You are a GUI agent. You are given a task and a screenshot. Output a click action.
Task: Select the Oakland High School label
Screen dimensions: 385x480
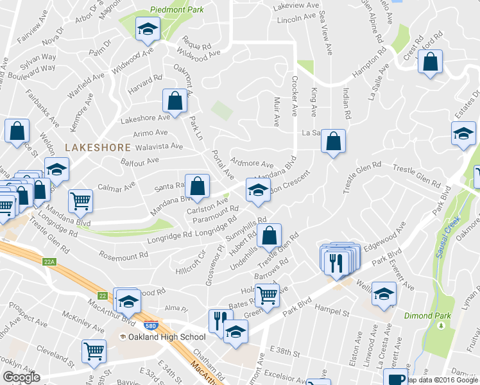(x=166, y=337)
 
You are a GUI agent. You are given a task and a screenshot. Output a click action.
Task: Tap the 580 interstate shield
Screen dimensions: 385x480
(x=151, y=326)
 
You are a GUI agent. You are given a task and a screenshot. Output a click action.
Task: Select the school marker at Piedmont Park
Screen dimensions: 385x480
(x=148, y=30)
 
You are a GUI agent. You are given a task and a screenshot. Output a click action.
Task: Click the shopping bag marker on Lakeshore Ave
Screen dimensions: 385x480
(x=175, y=101)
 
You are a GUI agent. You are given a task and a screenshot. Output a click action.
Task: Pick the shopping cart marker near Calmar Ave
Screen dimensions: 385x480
(x=81, y=201)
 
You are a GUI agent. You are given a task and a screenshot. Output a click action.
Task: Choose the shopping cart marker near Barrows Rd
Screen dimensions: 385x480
(x=267, y=296)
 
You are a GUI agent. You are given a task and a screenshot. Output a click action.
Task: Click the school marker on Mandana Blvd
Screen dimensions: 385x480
(x=258, y=191)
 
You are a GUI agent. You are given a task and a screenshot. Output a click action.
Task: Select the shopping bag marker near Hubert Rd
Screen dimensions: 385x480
(x=270, y=235)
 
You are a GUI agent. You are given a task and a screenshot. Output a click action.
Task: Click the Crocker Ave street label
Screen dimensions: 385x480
(x=295, y=96)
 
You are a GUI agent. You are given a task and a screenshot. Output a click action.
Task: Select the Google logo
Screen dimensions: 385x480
(x=22, y=377)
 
